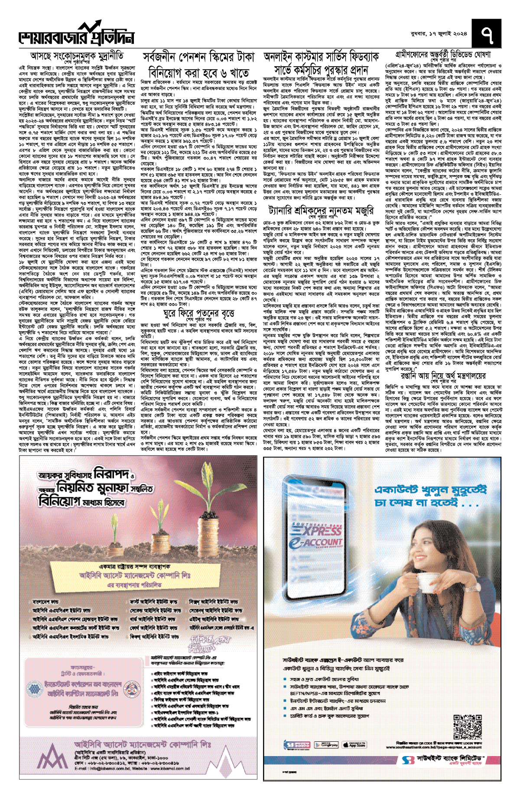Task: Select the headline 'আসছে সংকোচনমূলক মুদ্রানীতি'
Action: coord(77,56)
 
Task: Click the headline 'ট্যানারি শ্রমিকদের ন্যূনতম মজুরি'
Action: coord(320,211)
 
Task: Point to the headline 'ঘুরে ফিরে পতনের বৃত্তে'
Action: coord(199,313)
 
